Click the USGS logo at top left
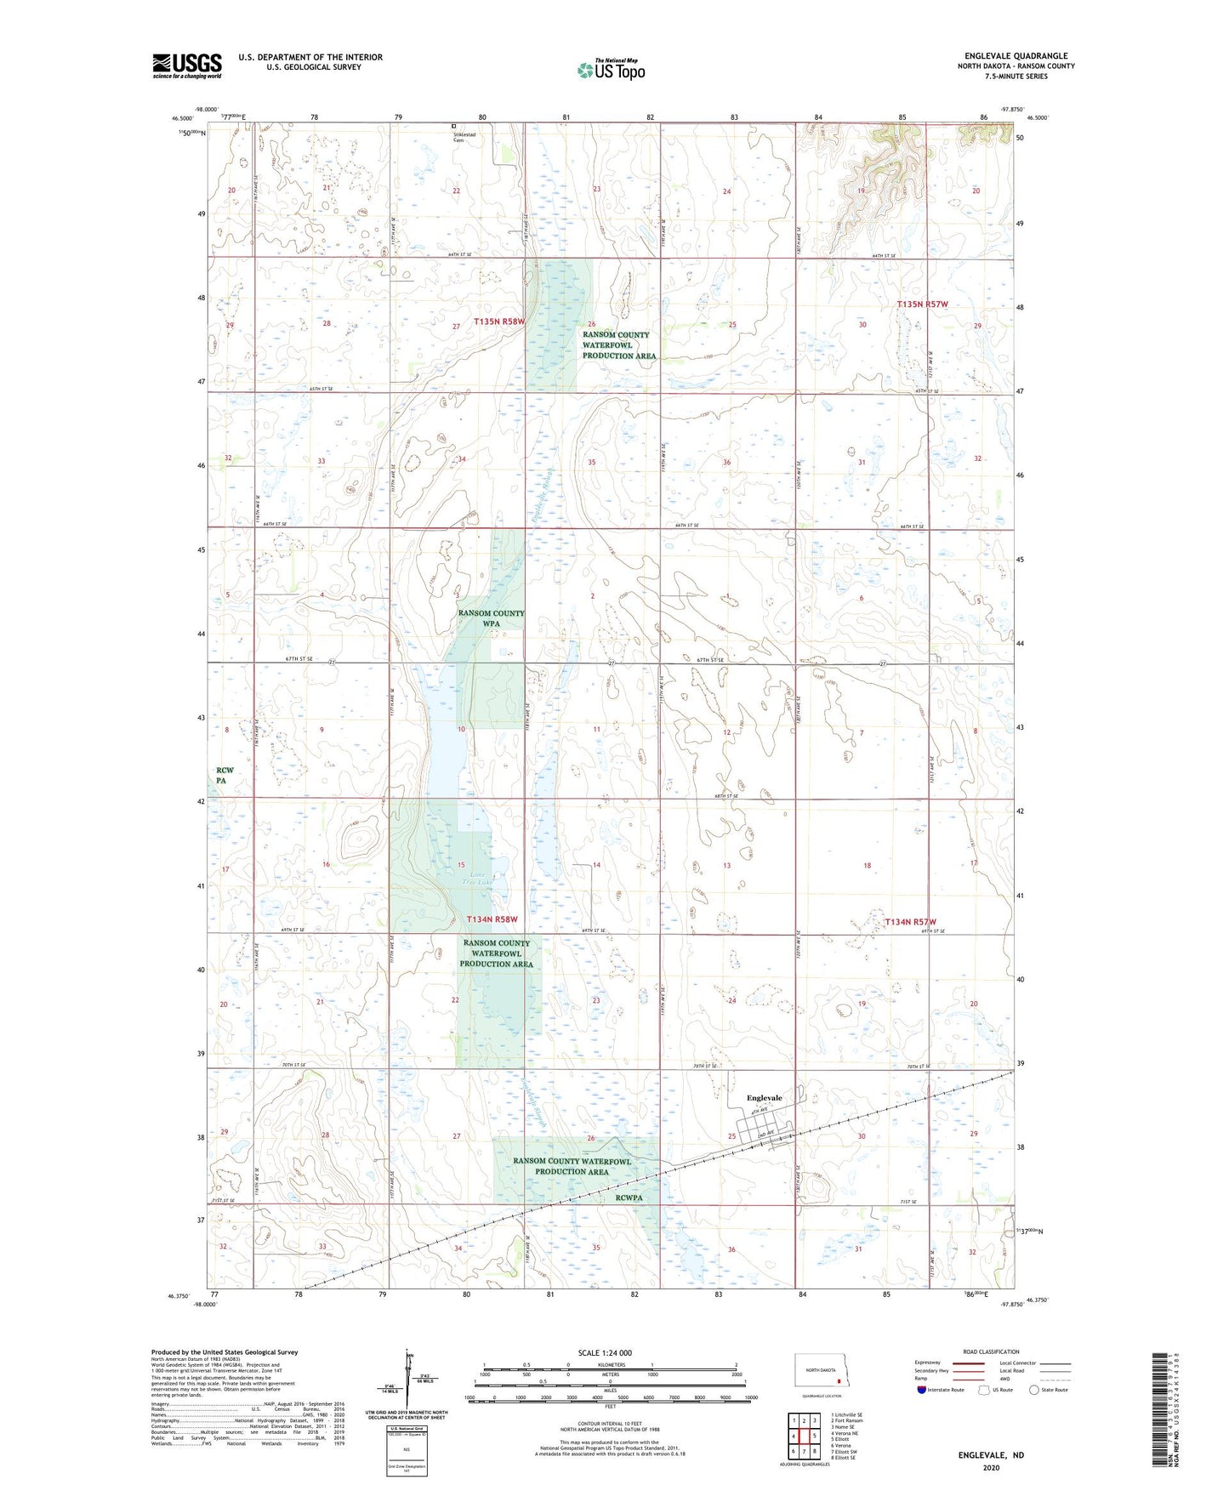[x=187, y=65]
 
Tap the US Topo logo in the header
[x=611, y=70]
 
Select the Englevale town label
[x=764, y=1098]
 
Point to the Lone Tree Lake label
[x=477, y=878]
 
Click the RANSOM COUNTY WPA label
[x=491, y=618]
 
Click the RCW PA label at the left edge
[x=224, y=775]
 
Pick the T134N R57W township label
[x=910, y=922]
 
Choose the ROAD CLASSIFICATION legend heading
[x=991, y=1351]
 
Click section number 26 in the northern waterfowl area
[x=591, y=324]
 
